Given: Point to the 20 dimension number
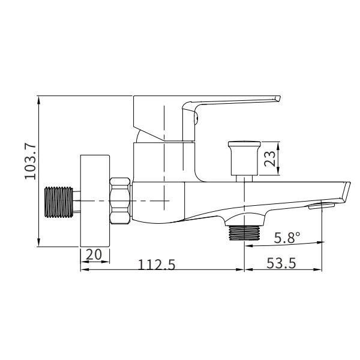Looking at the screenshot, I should click(94, 254).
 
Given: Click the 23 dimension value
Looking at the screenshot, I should click(269, 159).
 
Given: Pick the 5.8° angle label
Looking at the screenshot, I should click(288, 238).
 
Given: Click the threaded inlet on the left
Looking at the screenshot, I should click(59, 201).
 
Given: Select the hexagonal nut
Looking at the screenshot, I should click(121, 200).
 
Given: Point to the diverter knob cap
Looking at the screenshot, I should click(244, 155).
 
